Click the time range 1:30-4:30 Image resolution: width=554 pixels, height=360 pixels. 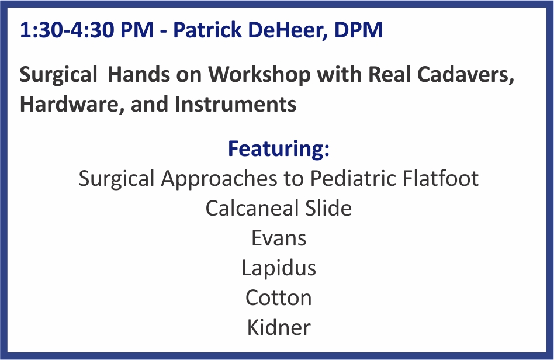coord(67,30)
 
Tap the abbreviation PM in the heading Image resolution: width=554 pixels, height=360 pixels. coord(137,30)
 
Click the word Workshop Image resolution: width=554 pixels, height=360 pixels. coord(259,75)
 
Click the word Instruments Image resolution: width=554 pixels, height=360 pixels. coord(236,105)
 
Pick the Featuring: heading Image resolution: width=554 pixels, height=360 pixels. coord(279,148)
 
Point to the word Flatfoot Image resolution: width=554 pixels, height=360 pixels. coord(441,178)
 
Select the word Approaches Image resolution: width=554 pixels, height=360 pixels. coord(219,179)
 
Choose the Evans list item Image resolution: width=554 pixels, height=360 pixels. coord(279,238)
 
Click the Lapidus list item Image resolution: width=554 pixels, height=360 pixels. coord(279,268)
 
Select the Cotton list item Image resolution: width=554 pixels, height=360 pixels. coord(279,298)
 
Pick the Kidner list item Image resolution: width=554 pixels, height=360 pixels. coord(279,327)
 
